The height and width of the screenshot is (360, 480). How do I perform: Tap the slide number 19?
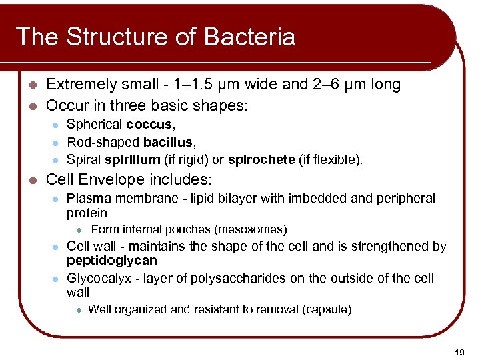pyautogui.click(x=459, y=351)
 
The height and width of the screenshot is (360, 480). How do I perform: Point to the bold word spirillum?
pyautogui.click(x=132, y=159)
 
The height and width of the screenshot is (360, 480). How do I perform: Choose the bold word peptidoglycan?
pyautogui.click(x=112, y=261)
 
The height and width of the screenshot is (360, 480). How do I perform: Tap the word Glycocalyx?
pyautogui.click(x=99, y=278)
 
